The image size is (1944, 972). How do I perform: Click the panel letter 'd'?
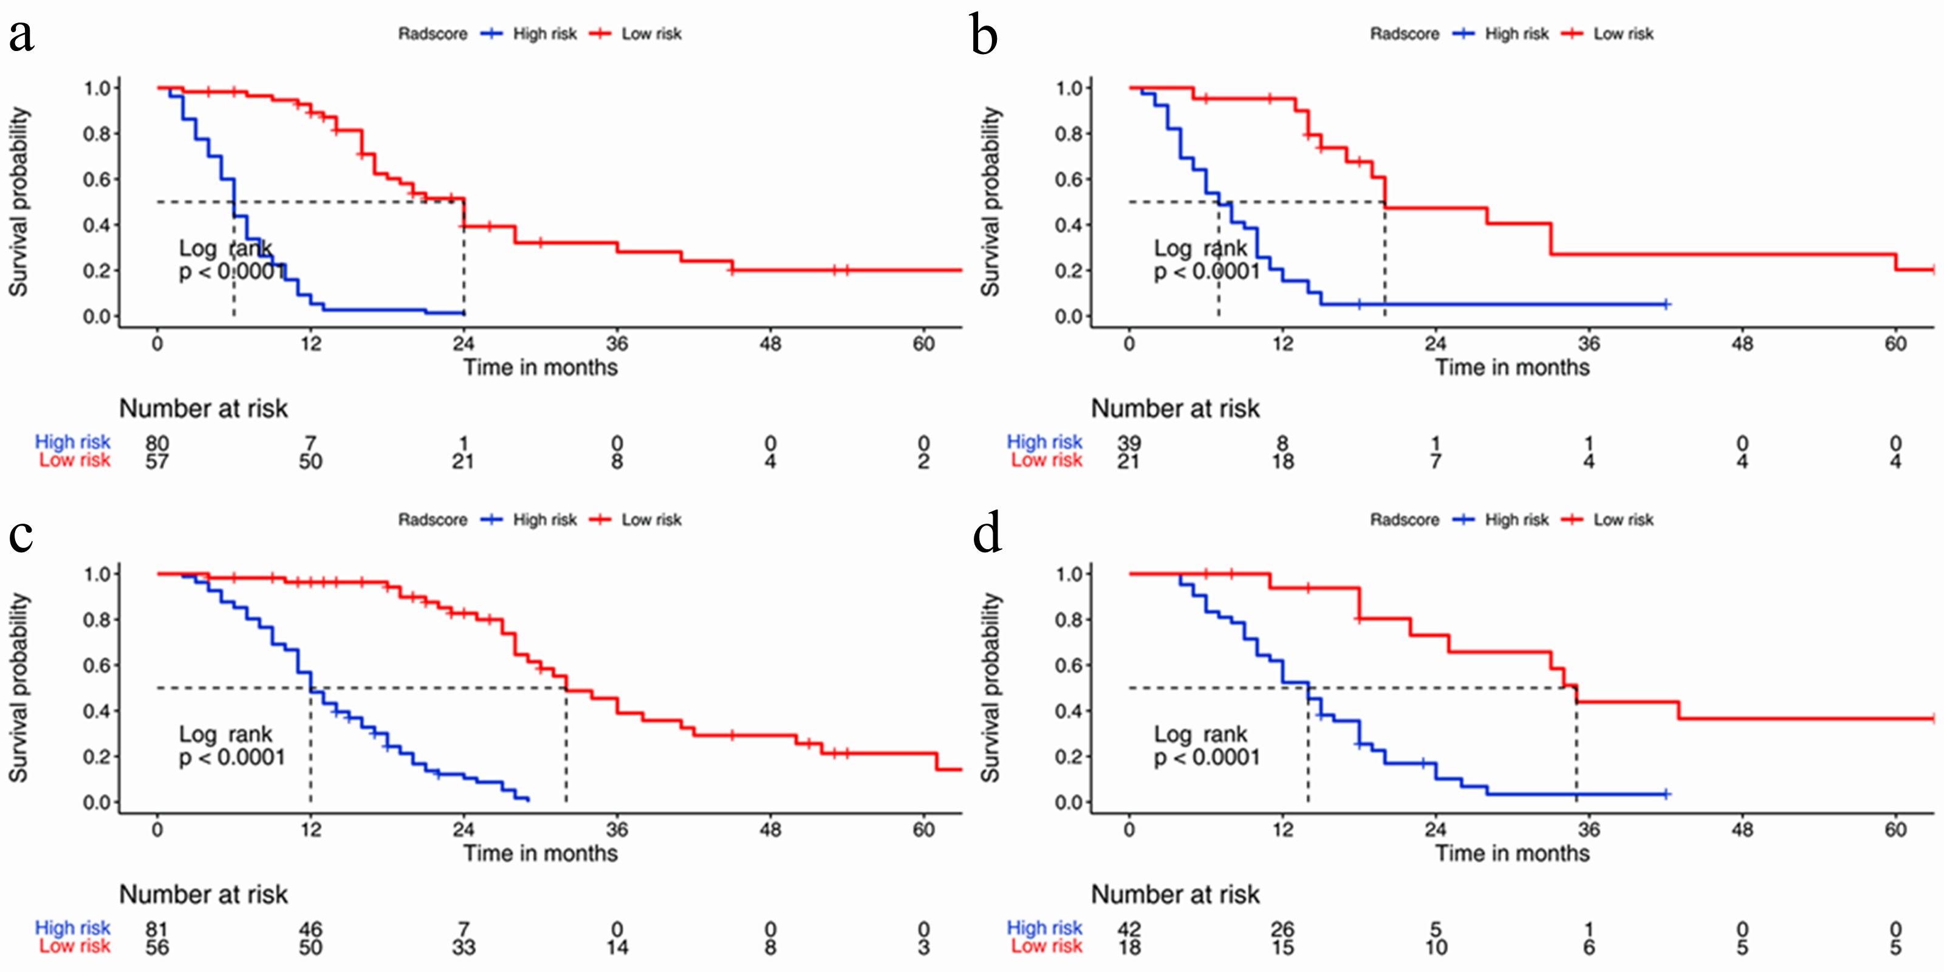[x=987, y=533]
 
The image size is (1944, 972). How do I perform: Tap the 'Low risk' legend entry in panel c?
[x=651, y=520]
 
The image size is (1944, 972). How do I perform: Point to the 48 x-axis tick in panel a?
[x=770, y=344]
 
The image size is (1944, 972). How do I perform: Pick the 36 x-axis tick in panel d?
[x=1589, y=830]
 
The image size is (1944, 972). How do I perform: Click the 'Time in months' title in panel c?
[x=540, y=854]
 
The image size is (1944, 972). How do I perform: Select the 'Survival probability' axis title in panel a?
[x=19, y=202]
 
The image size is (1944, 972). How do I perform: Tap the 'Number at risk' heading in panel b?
[x=1175, y=409]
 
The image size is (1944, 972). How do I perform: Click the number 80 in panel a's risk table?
[x=157, y=443]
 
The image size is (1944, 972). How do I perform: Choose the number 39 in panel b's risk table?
[x=1129, y=443]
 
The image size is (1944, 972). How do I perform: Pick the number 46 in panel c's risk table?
[x=310, y=929]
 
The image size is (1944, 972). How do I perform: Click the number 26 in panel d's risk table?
[x=1282, y=929]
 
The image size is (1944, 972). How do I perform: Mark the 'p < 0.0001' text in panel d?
[x=1206, y=757]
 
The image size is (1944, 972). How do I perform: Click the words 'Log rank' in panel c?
[x=225, y=734]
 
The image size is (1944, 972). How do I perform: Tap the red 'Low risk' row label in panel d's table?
[x=1047, y=946]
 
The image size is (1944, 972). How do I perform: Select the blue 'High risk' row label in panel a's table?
[x=72, y=442]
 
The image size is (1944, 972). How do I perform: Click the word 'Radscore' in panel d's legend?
[x=1405, y=520]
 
